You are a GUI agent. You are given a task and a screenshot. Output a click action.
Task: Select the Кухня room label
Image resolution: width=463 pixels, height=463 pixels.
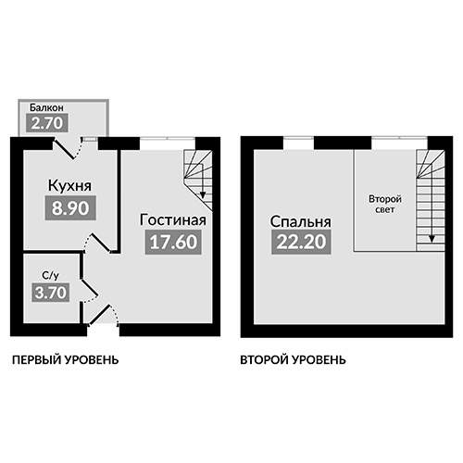tap(70, 185)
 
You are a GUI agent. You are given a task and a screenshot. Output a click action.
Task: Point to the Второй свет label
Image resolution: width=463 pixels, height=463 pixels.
tap(384, 204)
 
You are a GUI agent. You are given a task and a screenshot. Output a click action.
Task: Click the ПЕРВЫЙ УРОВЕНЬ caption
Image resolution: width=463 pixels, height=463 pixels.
tap(65, 359)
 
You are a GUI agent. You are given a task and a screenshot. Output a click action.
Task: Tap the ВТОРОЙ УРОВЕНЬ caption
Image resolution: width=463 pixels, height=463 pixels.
tap(292, 359)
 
